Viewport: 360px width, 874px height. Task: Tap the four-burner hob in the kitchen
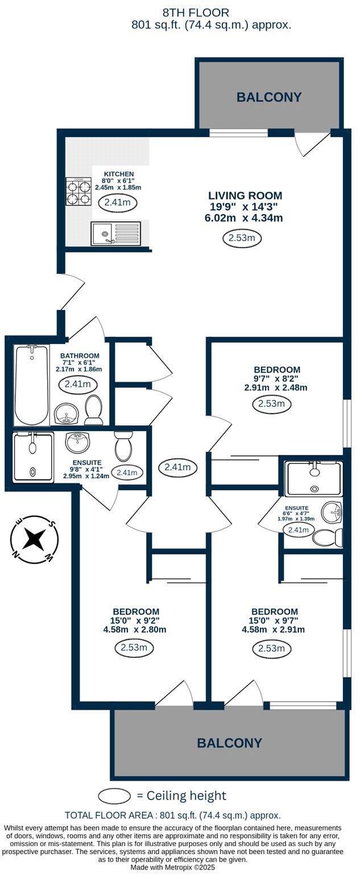(x=79, y=192)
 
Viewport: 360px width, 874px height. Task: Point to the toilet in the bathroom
(x=94, y=409)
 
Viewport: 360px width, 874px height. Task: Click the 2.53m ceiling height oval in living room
(x=241, y=238)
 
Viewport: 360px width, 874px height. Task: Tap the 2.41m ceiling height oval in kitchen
(x=118, y=202)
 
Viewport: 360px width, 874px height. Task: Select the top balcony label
(x=269, y=97)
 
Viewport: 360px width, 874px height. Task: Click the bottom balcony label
(x=229, y=743)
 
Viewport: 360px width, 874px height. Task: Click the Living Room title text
(x=245, y=196)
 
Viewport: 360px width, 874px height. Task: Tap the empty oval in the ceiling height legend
(x=115, y=796)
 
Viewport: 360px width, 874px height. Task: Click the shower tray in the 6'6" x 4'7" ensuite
(x=314, y=478)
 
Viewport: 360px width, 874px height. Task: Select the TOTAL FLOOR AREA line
(x=172, y=815)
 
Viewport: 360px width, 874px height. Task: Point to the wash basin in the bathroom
(x=67, y=413)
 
